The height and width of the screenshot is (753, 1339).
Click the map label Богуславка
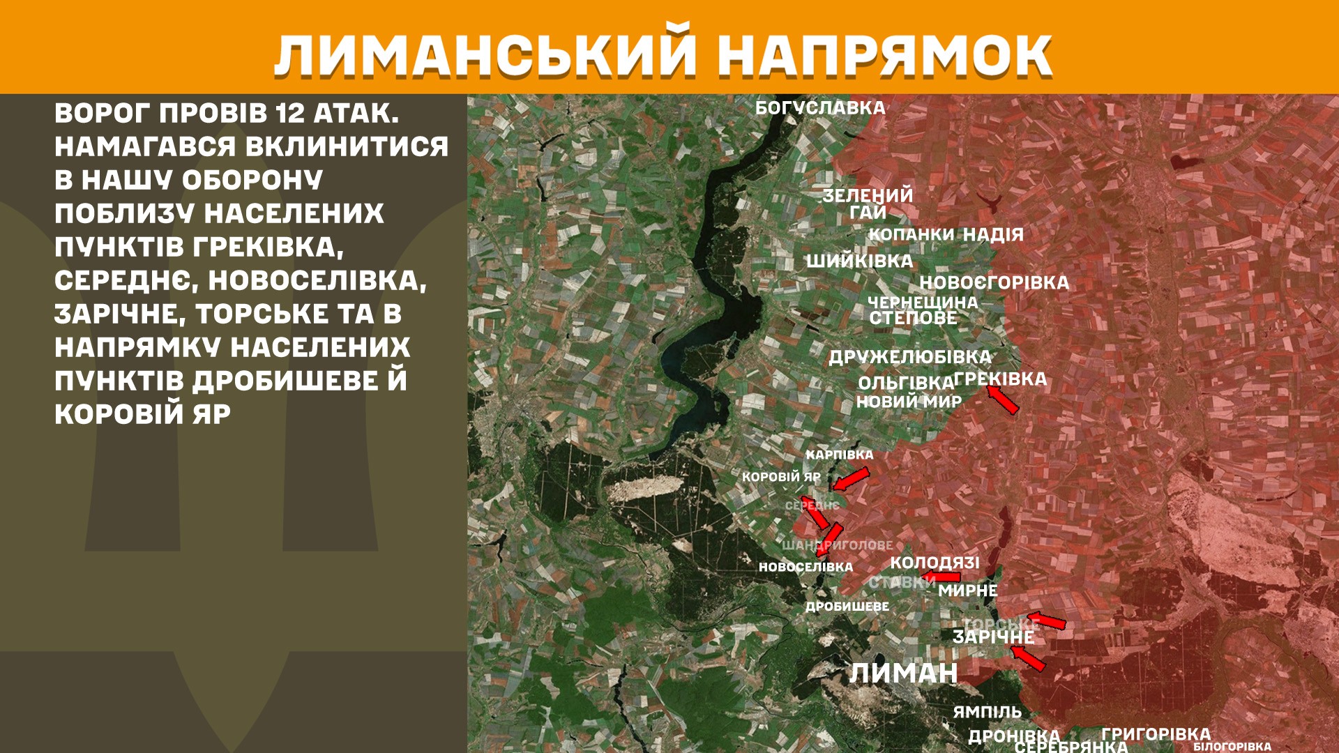click(820, 108)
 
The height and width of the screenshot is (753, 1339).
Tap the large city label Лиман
click(903, 673)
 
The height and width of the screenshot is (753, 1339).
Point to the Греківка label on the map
click(1000, 379)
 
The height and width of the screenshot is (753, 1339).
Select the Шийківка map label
click(859, 261)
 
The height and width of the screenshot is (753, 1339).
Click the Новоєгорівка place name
click(994, 282)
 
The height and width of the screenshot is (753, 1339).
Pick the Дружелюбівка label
click(909, 357)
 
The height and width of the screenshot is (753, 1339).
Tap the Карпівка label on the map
click(839, 455)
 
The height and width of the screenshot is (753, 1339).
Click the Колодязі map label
click(935, 563)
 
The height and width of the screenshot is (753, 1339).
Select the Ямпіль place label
click(987, 712)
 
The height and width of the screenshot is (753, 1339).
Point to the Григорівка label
click(1156, 733)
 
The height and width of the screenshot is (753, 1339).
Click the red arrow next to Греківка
click(1003, 400)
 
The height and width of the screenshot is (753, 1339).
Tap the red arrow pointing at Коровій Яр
click(851, 479)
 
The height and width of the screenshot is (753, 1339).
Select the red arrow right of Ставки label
click(941, 577)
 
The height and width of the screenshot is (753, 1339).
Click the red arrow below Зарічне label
click(1028, 657)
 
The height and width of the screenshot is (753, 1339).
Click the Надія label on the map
click(993, 235)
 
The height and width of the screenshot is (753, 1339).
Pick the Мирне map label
click(967, 591)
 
